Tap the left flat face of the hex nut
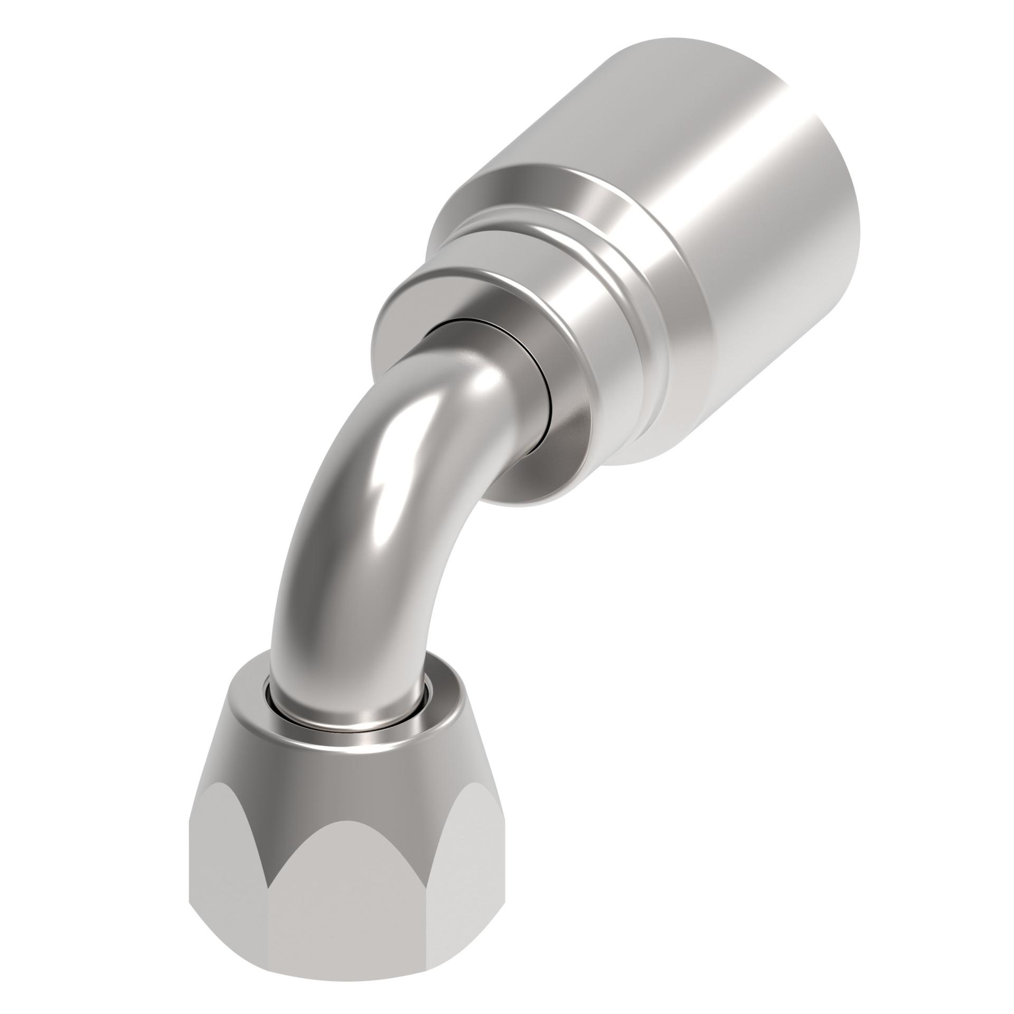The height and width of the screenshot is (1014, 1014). click(x=227, y=866)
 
